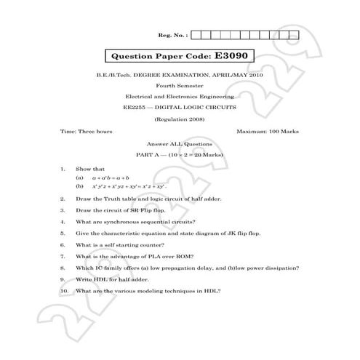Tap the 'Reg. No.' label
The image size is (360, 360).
tap(172, 34)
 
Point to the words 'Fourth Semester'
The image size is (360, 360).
tap(180, 85)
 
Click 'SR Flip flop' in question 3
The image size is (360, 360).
tap(148, 210)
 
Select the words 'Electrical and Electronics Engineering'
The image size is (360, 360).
tap(180, 96)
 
